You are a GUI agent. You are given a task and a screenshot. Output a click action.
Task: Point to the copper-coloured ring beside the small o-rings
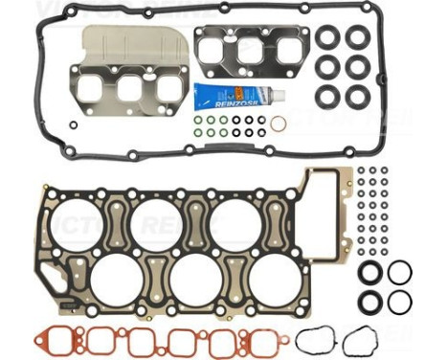pos(278,124)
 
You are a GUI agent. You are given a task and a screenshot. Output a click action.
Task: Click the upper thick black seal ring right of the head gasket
pos(370,272)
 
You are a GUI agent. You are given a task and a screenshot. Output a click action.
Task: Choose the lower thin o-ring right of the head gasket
pos(400,302)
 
